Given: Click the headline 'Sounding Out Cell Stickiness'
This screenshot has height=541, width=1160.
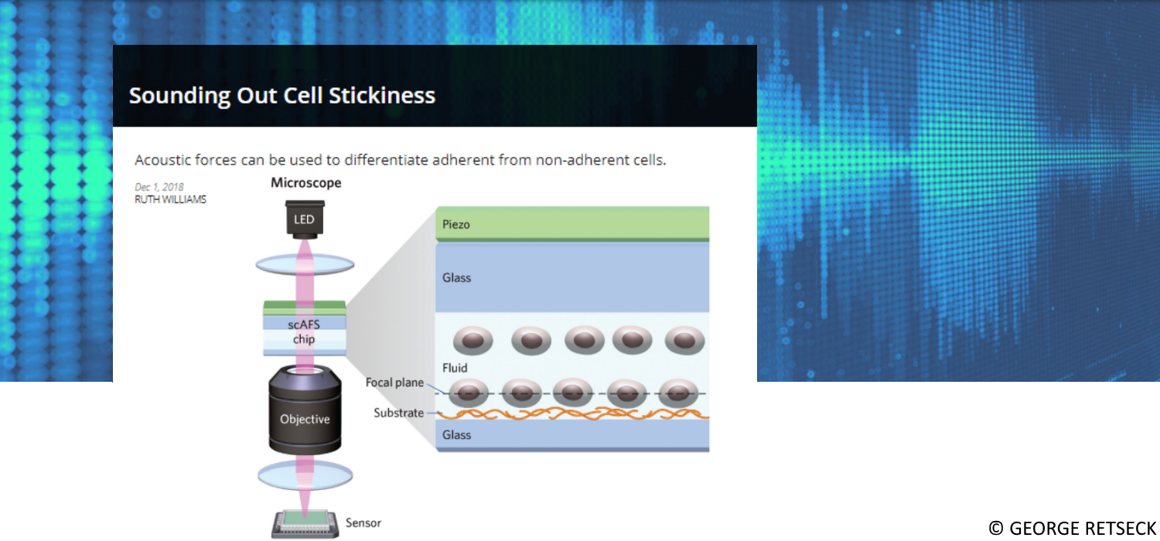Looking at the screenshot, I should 282,95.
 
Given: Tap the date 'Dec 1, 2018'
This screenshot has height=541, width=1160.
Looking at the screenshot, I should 159,187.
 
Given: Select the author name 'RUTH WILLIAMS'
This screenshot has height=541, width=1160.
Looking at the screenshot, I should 170,199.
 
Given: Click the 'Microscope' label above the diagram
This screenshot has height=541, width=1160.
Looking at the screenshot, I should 305,183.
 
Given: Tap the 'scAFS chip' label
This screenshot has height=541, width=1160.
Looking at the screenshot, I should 304,332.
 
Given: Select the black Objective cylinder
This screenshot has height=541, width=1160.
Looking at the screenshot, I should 305,414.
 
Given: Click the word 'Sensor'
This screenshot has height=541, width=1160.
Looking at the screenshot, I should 363,523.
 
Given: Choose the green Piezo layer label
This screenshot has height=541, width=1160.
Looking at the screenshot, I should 456,224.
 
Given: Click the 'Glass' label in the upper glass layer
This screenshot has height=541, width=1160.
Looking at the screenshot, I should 456,277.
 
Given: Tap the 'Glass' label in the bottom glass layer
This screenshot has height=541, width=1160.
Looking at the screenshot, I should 456,435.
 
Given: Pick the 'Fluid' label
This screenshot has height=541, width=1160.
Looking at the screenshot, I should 455,368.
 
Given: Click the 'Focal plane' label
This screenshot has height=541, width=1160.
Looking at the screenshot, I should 394,383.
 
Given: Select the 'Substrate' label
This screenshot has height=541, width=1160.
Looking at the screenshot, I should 399,413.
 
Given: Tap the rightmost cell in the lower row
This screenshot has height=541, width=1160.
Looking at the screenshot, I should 678,393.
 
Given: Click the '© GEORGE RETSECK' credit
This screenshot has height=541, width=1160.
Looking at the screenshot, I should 1072,528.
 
